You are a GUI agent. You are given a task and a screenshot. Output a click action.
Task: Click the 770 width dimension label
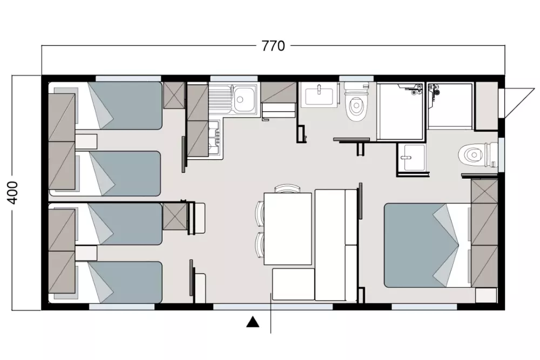[273, 46]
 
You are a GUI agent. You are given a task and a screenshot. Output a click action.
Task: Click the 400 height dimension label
[13, 193]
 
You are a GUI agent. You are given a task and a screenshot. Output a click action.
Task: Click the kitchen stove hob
[214, 138]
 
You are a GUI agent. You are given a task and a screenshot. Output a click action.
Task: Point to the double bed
[427, 245]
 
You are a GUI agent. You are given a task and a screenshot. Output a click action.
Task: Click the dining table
[288, 229]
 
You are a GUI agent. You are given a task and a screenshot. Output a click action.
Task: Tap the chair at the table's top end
[287, 188]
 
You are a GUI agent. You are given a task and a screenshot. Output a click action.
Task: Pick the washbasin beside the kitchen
[319, 94]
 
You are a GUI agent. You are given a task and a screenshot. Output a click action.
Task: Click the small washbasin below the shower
[411, 158]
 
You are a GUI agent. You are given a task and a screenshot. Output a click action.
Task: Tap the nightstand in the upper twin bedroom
[86, 141]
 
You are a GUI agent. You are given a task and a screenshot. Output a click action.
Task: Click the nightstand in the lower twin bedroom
[86, 253]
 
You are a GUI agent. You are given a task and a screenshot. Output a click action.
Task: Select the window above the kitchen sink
[234, 78]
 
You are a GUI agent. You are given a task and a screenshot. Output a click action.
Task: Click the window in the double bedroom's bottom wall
[424, 307]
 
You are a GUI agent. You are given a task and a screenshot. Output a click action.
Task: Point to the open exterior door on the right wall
[517, 101]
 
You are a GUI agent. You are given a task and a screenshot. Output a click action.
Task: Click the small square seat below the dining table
[293, 284]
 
